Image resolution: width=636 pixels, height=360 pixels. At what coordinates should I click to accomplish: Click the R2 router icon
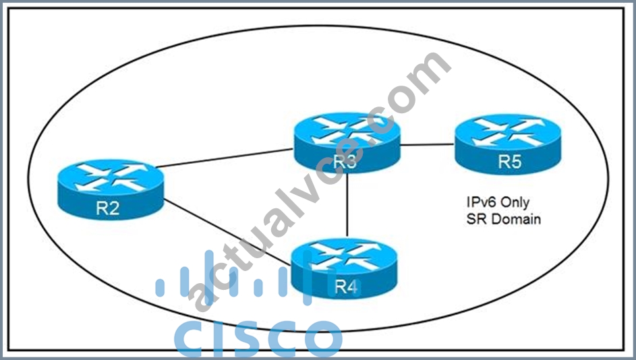coord(111,189)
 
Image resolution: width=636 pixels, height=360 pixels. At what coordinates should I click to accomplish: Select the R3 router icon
coord(347,143)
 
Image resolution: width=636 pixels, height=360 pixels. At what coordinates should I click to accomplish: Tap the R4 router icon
coord(345,268)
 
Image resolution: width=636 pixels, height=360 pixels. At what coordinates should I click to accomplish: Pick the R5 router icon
coord(509,144)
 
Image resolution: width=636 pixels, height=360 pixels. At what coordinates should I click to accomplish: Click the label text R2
coord(108,208)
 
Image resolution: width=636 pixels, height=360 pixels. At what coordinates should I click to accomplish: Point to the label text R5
coord(510,161)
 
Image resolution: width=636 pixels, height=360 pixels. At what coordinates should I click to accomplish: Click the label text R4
coord(346,287)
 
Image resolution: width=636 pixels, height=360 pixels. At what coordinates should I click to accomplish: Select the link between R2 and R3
coord(225,158)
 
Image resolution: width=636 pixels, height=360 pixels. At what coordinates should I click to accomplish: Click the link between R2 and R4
coord(227,233)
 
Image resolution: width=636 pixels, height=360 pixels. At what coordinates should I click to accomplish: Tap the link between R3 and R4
coord(347,205)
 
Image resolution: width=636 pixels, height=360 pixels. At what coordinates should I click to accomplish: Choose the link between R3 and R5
coord(427,144)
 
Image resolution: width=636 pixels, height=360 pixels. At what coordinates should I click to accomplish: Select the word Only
coord(515,202)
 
